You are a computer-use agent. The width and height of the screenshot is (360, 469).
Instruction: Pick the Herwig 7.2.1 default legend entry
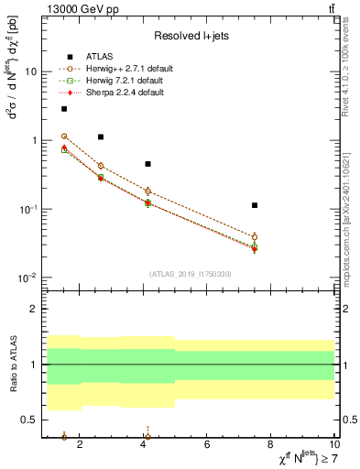(x=125, y=81)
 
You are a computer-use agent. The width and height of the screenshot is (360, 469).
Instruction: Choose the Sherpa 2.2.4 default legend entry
(x=125, y=93)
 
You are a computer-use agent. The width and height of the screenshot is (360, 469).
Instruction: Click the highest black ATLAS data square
(x=64, y=109)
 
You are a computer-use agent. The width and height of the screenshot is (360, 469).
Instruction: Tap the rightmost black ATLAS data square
(x=255, y=205)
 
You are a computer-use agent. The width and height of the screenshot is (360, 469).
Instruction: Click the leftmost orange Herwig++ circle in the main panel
(x=64, y=136)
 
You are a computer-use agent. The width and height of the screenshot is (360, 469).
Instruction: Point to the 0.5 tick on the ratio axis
(x=31, y=420)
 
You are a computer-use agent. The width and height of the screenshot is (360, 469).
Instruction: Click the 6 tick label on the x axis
(x=207, y=445)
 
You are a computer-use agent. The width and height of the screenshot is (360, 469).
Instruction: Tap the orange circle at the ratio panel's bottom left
(x=64, y=437)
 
